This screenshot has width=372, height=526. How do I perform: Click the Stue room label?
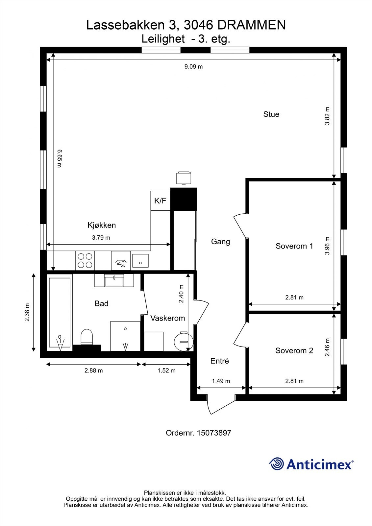point(271,114)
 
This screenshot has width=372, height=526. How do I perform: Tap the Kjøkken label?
point(102,225)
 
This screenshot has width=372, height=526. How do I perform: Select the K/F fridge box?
point(160,201)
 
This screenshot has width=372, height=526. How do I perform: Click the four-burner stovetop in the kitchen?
point(85,260)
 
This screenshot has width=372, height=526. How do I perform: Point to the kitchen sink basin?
point(140,261)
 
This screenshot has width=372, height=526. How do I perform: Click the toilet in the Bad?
point(87,337)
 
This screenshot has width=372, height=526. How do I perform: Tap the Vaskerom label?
point(167,318)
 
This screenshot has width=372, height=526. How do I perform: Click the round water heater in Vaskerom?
point(184,341)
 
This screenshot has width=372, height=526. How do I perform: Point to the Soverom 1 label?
point(294,246)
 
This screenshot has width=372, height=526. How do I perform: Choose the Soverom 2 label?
point(294,350)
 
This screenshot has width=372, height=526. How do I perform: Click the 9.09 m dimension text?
point(193,66)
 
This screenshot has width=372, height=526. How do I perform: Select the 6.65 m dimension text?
point(60,158)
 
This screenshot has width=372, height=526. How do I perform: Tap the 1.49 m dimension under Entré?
point(221,381)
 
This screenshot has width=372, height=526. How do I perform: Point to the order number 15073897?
point(214,433)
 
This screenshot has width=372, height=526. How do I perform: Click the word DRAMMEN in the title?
point(251,25)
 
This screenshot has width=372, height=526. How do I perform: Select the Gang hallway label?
point(220,242)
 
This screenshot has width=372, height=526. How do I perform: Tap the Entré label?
point(219,361)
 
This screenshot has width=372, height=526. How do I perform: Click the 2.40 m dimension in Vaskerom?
point(181,294)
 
